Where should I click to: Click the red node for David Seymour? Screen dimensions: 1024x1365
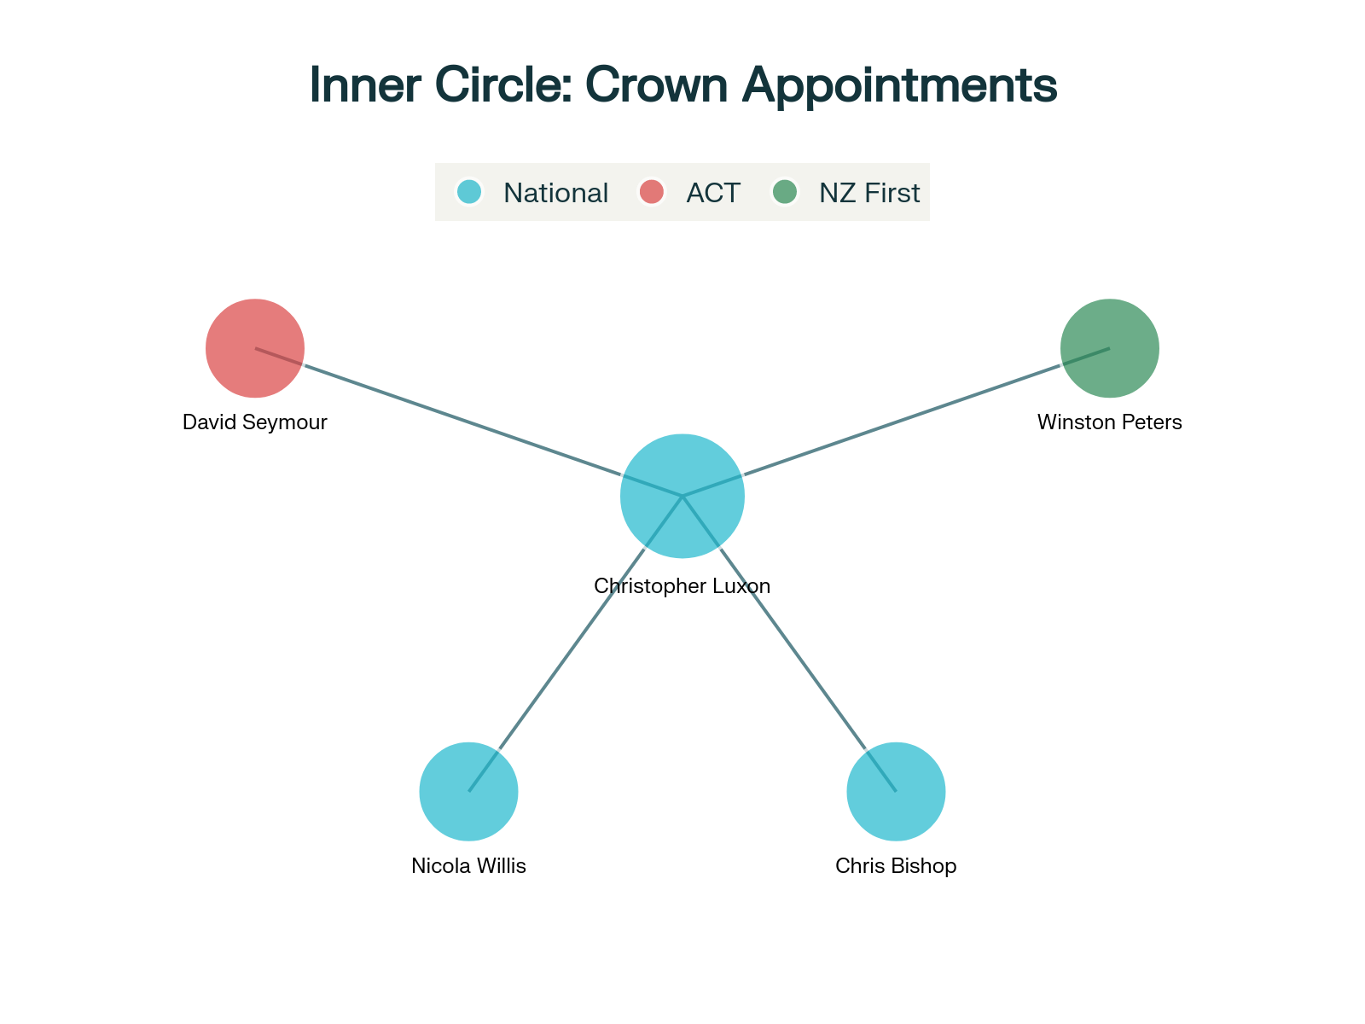[255, 348]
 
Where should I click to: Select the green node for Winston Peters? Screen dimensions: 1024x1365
[1109, 348]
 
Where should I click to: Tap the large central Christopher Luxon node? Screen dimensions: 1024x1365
[682, 496]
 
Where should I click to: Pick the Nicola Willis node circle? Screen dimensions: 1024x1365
[468, 792]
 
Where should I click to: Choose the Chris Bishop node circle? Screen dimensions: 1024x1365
[896, 792]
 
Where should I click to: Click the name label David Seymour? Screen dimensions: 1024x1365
[255, 422]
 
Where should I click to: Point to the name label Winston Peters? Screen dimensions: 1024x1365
[1109, 422]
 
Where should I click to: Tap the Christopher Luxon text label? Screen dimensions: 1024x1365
[682, 586]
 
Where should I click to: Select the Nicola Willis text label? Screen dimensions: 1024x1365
[468, 866]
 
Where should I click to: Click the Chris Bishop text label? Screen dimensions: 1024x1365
[896, 866]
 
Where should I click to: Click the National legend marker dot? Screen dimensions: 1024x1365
[469, 192]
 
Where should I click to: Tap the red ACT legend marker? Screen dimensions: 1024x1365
[652, 192]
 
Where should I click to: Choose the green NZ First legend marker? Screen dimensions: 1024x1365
[785, 192]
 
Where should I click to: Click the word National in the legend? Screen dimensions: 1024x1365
[555, 193]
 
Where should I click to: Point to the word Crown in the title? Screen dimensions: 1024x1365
[655, 85]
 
